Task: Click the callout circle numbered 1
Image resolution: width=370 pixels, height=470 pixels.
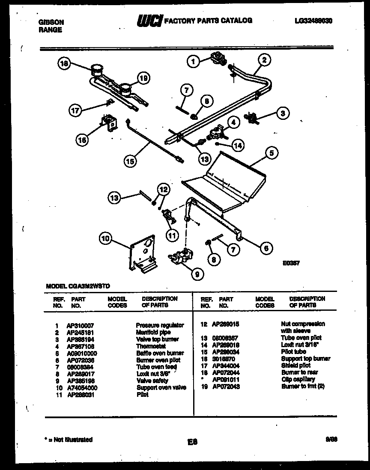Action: coord(193,62)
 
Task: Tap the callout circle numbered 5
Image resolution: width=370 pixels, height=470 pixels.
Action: coord(272,152)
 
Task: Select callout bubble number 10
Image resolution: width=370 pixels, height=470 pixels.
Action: coord(106,238)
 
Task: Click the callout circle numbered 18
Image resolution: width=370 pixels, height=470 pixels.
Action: coord(64,64)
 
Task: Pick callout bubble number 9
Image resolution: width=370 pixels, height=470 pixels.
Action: coord(196,275)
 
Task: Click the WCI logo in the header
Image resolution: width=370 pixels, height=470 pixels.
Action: coord(149,21)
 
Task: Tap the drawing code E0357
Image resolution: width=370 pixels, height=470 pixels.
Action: coord(291,265)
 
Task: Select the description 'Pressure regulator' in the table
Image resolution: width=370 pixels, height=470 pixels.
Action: coord(160,325)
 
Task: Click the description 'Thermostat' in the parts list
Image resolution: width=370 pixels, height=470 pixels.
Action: coord(151,346)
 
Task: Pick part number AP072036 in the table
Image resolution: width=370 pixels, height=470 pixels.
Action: coord(81,360)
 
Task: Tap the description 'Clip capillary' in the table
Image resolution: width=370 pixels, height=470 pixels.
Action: coord(298,379)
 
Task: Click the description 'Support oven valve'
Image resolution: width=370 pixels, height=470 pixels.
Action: coord(161,387)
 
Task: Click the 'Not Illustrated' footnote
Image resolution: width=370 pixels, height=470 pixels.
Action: coord(69,440)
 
